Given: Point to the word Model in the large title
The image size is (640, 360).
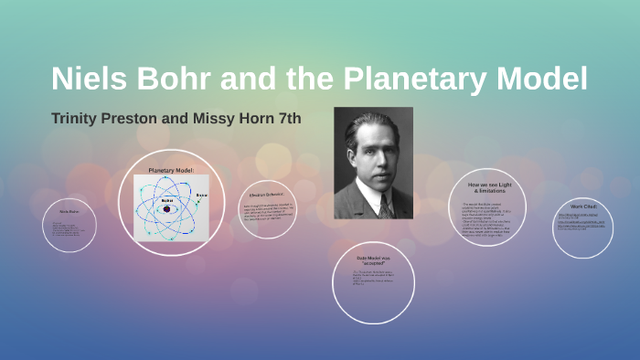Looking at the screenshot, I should click(x=546, y=79).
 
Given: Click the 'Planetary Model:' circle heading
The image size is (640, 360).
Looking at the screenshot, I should click(x=172, y=171).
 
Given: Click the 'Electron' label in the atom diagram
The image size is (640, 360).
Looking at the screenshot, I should click(x=201, y=194).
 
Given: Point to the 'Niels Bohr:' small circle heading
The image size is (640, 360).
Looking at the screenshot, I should click(x=69, y=211).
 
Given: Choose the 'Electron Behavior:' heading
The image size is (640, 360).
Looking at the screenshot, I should click(x=268, y=195).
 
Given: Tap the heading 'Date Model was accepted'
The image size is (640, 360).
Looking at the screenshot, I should click(x=373, y=260).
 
